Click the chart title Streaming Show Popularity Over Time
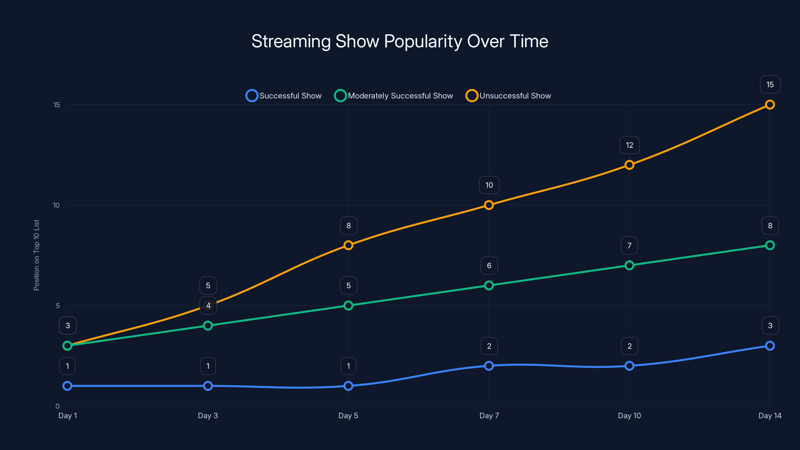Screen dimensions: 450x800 pyautogui.click(x=400, y=41)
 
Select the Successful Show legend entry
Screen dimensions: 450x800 pyautogui.click(x=283, y=96)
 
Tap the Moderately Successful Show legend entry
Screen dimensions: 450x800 pyautogui.click(x=393, y=96)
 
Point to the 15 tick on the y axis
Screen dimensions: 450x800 pyautogui.click(x=56, y=105)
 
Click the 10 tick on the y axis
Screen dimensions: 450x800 pyautogui.click(x=56, y=205)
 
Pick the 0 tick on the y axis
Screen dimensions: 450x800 pyautogui.click(x=57, y=406)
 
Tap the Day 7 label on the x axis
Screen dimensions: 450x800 pyautogui.click(x=489, y=415)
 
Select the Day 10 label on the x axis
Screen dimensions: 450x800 pyautogui.click(x=629, y=415)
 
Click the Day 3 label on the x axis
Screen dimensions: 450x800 pyautogui.click(x=208, y=415)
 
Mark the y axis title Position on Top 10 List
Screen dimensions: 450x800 pyautogui.click(x=36, y=255)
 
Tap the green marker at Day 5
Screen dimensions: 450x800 pyautogui.click(x=348, y=305)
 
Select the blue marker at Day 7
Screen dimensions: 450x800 pyautogui.click(x=489, y=366)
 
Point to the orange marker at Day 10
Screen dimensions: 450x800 pyautogui.click(x=629, y=165)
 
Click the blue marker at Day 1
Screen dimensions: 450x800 pyautogui.click(x=67, y=386)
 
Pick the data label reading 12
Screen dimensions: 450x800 pyautogui.click(x=629, y=145)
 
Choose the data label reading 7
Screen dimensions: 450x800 pyautogui.click(x=629, y=245)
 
